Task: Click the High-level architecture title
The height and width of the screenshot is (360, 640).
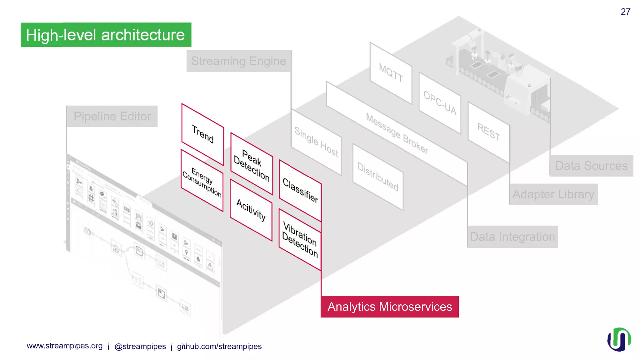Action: (106, 35)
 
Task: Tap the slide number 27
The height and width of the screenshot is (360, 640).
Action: (625, 12)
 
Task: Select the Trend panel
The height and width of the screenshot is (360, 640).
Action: (202, 134)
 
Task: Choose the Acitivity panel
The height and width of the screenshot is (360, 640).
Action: (251, 210)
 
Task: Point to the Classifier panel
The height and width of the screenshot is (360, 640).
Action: (300, 191)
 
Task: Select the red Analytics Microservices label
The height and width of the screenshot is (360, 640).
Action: (390, 307)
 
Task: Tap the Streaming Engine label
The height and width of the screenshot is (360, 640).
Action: (239, 61)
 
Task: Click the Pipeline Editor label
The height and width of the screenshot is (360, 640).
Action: (112, 116)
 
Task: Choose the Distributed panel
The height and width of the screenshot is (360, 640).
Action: (377, 177)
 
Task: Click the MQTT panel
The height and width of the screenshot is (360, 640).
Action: (391, 73)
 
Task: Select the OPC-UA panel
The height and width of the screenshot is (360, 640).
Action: (440, 103)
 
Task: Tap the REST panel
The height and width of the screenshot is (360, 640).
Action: (488, 132)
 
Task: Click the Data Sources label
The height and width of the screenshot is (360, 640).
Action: (591, 166)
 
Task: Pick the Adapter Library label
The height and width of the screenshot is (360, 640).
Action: (553, 194)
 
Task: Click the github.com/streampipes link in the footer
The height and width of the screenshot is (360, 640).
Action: (219, 346)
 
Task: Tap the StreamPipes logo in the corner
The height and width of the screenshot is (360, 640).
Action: (619, 339)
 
